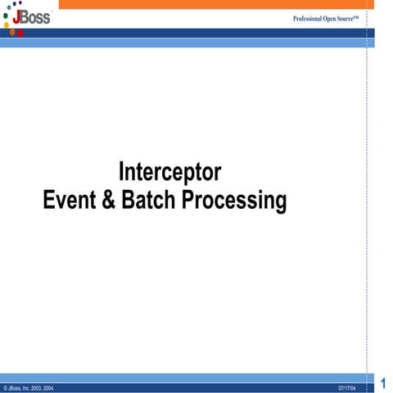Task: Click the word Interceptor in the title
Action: coord(169,173)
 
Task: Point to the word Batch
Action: coord(147,200)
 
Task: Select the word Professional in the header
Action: coord(310,18)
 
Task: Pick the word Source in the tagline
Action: coord(351,18)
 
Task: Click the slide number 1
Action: coord(384,382)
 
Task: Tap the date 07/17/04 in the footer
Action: coord(346,386)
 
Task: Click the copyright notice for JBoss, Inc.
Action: coord(29,386)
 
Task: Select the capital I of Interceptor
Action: coord(122,173)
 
